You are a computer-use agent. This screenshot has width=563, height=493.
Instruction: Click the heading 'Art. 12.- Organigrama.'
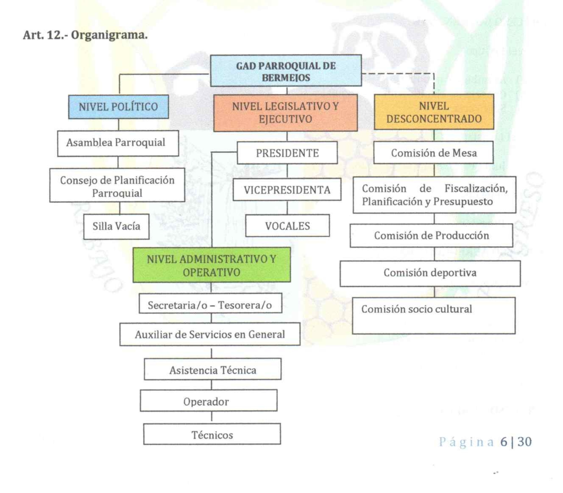pyautogui.click(x=85, y=35)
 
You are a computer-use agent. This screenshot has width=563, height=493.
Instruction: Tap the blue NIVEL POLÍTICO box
pyautogui.click(x=118, y=107)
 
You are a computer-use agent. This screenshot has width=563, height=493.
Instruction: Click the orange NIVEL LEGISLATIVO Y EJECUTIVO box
pyautogui.click(x=285, y=113)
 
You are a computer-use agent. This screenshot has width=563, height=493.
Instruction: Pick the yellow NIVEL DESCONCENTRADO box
pyautogui.click(x=434, y=112)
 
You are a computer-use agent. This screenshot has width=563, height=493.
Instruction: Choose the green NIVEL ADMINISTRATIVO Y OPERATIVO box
pyautogui.click(x=211, y=265)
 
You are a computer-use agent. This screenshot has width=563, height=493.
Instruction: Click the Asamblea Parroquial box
pyautogui.click(x=118, y=143)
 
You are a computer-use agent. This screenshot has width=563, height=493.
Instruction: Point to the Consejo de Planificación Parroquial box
pyautogui.click(x=117, y=185)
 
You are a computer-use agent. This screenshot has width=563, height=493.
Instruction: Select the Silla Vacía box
pyautogui.click(x=116, y=226)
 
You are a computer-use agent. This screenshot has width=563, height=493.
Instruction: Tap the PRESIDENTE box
pyautogui.click(x=287, y=153)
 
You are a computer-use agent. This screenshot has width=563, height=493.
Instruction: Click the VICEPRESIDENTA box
pyautogui.click(x=287, y=190)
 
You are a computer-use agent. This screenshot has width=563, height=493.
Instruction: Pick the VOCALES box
pyautogui.click(x=287, y=226)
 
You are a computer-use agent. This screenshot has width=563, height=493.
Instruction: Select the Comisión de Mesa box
pyautogui.click(x=434, y=153)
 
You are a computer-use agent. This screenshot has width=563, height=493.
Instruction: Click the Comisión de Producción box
pyautogui.click(x=431, y=235)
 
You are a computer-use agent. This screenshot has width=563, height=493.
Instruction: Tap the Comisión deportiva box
pyautogui.click(x=430, y=273)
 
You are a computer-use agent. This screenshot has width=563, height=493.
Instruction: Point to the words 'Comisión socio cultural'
pyautogui.click(x=417, y=309)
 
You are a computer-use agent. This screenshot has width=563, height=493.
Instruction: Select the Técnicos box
pyautogui.click(x=212, y=434)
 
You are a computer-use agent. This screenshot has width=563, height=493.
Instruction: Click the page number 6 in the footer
pyautogui.click(x=503, y=442)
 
